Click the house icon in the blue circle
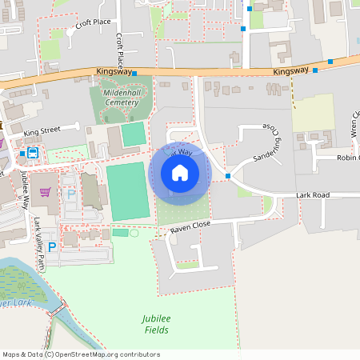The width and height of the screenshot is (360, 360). click(x=180, y=172)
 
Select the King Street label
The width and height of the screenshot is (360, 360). click(x=42, y=130)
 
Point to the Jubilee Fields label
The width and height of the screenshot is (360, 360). click(x=157, y=323)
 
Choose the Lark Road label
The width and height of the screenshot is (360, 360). click(x=312, y=194)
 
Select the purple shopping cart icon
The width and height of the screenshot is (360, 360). click(x=46, y=192)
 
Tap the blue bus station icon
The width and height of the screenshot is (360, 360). click(x=33, y=152)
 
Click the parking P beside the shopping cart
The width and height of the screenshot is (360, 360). click(x=70, y=194)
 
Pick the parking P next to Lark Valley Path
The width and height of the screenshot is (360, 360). click(x=52, y=248)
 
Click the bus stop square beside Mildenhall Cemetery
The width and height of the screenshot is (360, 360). click(x=134, y=74)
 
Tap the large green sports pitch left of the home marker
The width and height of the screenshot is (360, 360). click(x=128, y=190)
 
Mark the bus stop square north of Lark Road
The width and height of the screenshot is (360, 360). click(x=228, y=175)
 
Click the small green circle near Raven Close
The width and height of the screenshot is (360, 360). click(x=134, y=233)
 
